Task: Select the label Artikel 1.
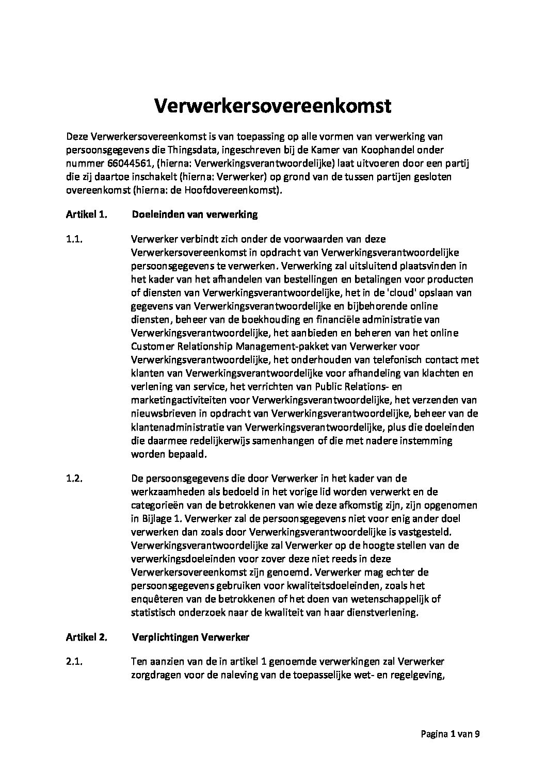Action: pos(86,215)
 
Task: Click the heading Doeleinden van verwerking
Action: pos(195,215)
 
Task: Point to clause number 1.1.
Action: pos(75,239)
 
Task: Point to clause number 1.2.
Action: pos(75,478)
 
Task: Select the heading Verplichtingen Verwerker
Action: pos(190,637)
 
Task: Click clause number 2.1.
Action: pos(75,662)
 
